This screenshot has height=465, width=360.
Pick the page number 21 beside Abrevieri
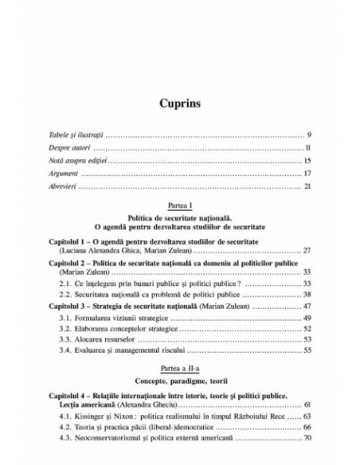[x=307, y=186]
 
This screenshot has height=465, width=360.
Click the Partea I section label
[x=180, y=206]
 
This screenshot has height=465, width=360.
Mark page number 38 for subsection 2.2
[x=307, y=295]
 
